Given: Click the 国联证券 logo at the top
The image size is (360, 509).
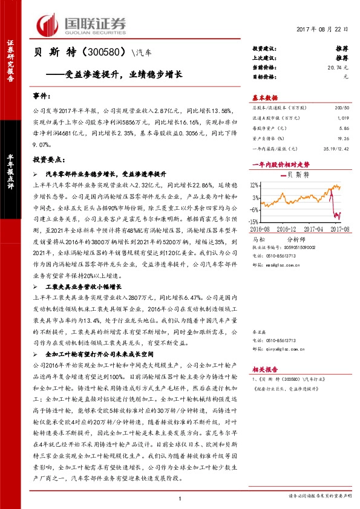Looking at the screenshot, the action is [x=82, y=24].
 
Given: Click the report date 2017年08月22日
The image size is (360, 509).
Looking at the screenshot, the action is [x=323, y=30].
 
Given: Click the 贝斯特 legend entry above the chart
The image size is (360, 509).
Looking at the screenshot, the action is [x=296, y=175].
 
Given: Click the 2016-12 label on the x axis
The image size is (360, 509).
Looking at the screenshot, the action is [x=291, y=229].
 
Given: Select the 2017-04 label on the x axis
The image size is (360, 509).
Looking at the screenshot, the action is [x=318, y=229].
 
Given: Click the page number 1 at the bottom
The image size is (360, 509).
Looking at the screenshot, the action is [x=180, y=497].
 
